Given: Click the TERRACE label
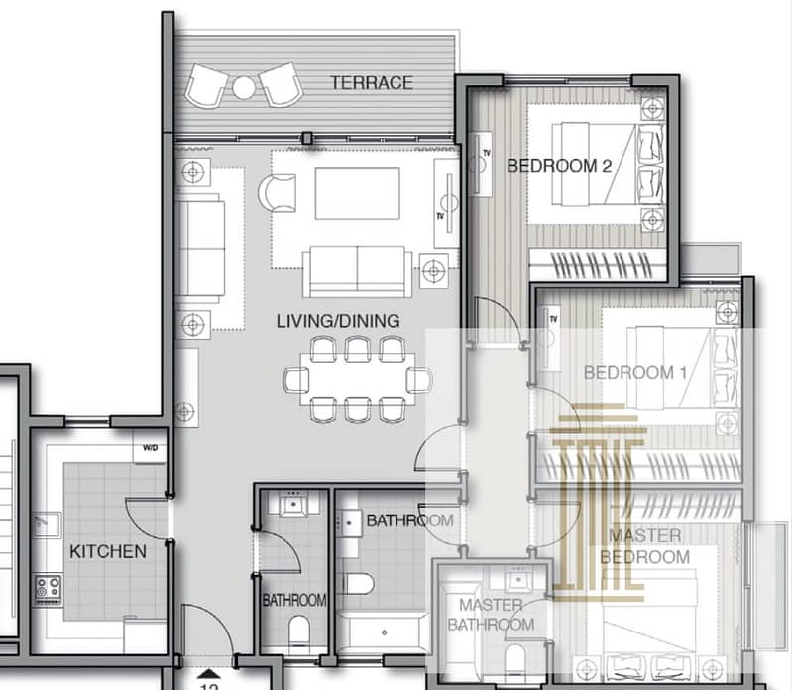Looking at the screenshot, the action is pyautogui.click(x=372, y=83).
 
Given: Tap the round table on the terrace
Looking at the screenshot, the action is pyautogui.click(x=244, y=88).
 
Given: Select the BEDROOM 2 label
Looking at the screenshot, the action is pyautogui.click(x=559, y=166).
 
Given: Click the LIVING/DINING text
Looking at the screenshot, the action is pyautogui.click(x=338, y=321).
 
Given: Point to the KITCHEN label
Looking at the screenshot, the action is pyautogui.click(x=108, y=551).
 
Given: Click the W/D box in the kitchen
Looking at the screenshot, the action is pyautogui.click(x=150, y=447).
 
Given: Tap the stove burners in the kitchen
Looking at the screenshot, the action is pyautogui.click(x=49, y=590).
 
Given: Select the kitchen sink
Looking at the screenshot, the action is pyautogui.click(x=47, y=525).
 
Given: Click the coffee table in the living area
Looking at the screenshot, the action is pyautogui.click(x=358, y=193).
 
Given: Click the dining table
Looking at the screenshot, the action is pyautogui.click(x=358, y=380).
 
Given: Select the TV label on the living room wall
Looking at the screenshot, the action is pyautogui.click(x=440, y=216).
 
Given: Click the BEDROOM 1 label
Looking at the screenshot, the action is pyautogui.click(x=635, y=373).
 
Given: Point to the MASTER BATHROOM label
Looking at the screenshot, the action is pyautogui.click(x=491, y=615).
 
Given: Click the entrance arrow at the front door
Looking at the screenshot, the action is pyautogui.click(x=208, y=674).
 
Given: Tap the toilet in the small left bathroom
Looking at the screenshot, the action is pyautogui.click(x=299, y=632).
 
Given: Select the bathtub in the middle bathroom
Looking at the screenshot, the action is pyautogui.click(x=384, y=632).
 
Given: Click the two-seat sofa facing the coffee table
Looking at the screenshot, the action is pyautogui.click(x=357, y=272).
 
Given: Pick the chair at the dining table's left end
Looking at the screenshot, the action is pyautogui.click(x=296, y=380).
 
